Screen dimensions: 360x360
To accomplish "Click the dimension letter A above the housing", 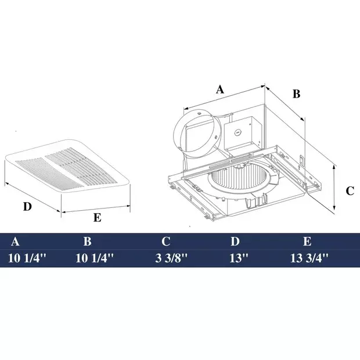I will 220,89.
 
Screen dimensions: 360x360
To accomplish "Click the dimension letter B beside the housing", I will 296,93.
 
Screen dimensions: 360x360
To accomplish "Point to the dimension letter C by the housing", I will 350,190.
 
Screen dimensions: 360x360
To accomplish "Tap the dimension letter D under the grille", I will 27,206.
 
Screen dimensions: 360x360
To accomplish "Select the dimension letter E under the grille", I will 98,218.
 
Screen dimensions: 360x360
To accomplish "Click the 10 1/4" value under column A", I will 27,258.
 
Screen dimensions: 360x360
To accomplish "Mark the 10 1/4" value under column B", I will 95,258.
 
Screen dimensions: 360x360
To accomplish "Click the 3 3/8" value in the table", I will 170,258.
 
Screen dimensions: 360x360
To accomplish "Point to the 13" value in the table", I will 239,258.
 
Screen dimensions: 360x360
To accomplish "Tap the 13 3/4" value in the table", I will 309,258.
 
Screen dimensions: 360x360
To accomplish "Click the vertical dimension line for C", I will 336,188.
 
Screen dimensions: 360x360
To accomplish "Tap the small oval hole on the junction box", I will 237,132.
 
